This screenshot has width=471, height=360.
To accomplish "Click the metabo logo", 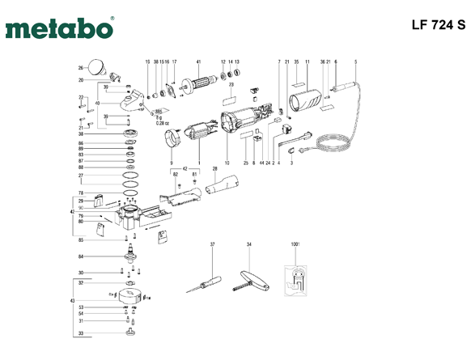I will click(59, 29).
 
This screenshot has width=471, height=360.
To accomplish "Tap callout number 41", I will click(198, 61).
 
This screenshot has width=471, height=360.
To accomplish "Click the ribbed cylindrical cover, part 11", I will click(306, 103).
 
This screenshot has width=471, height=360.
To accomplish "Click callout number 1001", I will click(293, 244).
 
